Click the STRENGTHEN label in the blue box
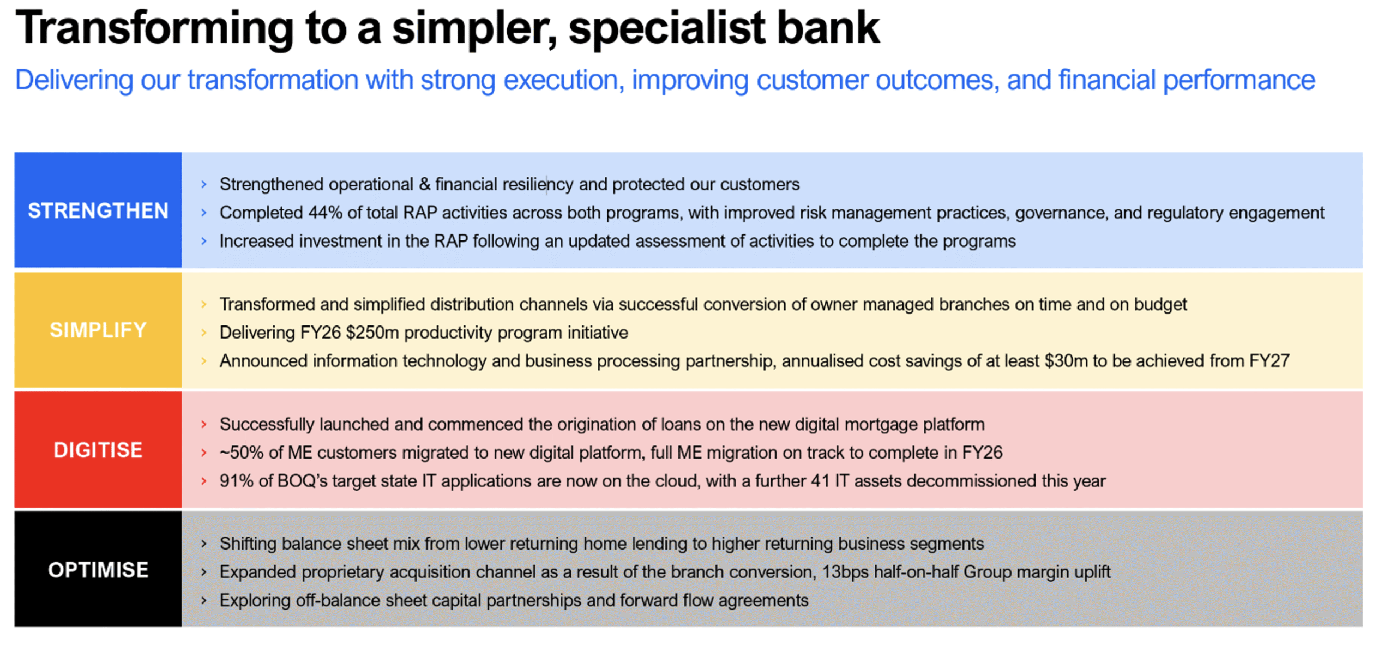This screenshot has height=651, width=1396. (98, 211)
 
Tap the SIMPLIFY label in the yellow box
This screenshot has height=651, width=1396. (98, 330)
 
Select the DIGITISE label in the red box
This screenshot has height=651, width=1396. (98, 450)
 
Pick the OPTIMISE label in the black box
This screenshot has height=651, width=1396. (98, 570)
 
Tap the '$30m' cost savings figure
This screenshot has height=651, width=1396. (1066, 361)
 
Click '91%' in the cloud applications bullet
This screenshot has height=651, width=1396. (237, 481)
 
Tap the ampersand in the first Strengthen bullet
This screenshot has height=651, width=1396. (425, 184)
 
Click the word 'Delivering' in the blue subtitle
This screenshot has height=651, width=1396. (74, 81)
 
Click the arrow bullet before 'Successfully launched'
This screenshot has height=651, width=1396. (204, 424)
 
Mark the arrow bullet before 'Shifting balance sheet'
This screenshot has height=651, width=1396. (204, 544)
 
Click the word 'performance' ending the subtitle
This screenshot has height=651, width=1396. (1239, 81)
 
